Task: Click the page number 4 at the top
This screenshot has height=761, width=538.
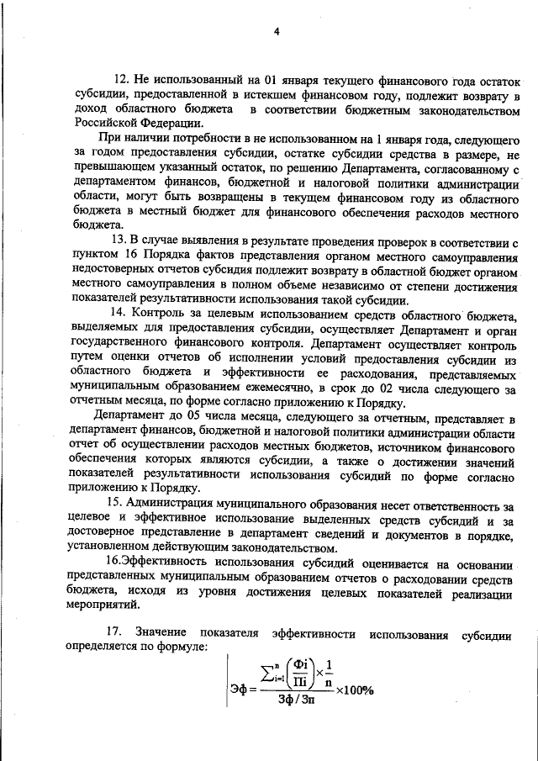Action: point(275,31)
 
